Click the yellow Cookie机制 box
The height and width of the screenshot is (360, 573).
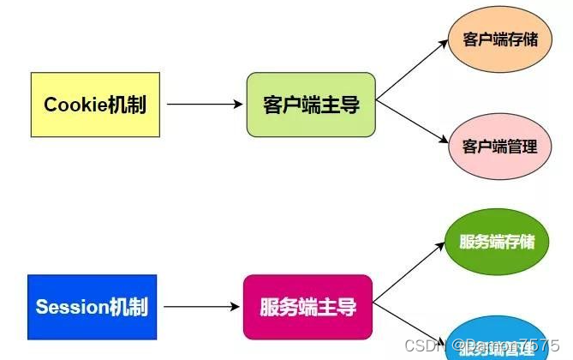click(x=95, y=105)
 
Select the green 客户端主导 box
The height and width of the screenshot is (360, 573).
click(x=311, y=105)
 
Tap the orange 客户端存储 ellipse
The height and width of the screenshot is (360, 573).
click(x=500, y=40)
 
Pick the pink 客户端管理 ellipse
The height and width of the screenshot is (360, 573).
click(x=500, y=146)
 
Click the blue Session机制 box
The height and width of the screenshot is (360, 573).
click(x=93, y=306)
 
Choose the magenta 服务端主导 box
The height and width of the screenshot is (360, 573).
click(x=308, y=306)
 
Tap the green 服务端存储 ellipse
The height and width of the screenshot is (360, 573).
click(x=497, y=241)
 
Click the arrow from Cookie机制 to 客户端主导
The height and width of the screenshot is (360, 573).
click(x=205, y=105)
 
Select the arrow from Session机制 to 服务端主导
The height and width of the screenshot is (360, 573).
click(x=201, y=306)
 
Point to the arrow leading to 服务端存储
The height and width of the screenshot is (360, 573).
click(x=409, y=273)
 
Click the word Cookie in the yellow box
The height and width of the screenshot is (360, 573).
click(x=73, y=105)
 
